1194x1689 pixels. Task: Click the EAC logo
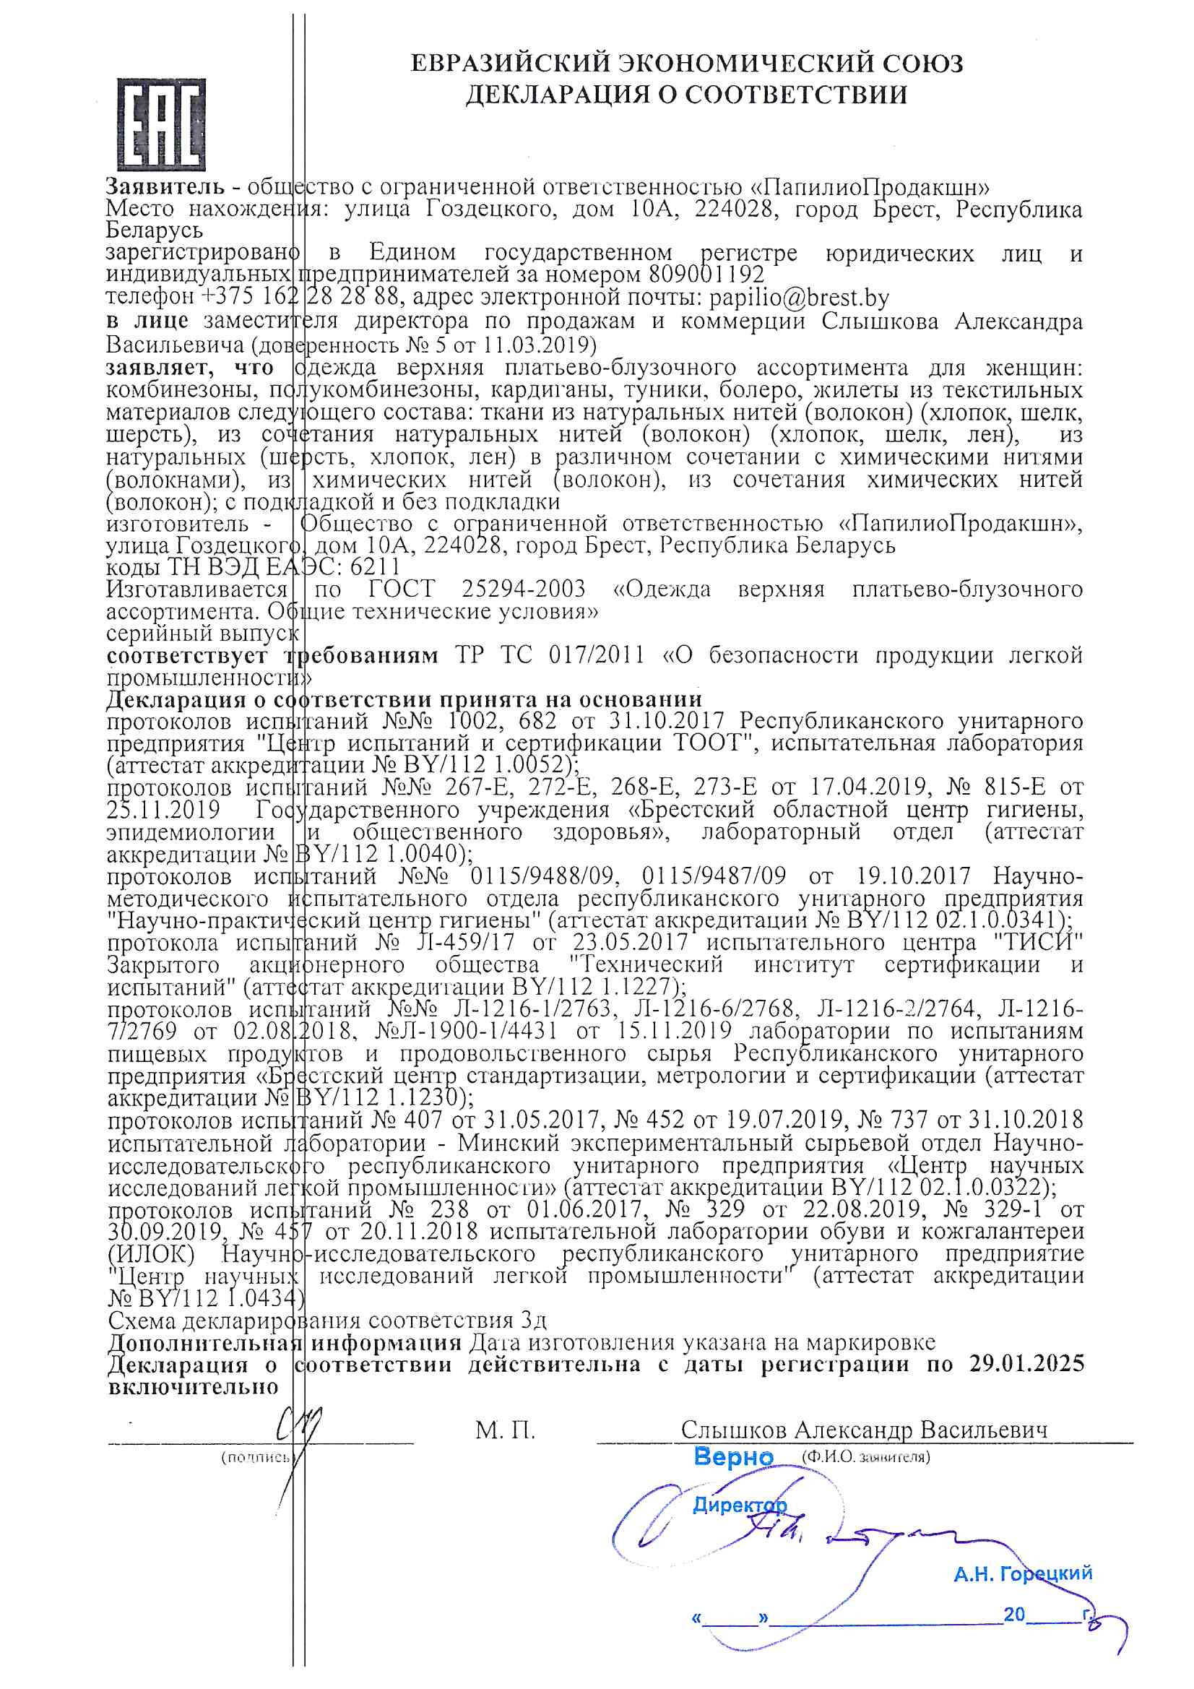point(161,124)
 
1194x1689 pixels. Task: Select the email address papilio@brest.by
point(799,297)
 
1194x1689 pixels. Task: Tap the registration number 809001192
point(706,275)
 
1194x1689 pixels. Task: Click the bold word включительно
point(193,1387)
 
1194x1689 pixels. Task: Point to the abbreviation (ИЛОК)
point(151,1253)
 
